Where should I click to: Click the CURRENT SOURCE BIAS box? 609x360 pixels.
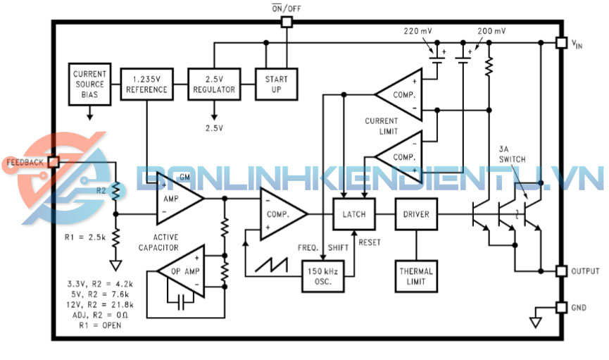tap(89, 84)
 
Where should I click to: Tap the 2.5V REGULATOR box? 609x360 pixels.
tap(215, 84)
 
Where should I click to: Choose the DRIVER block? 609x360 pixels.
tap(416, 214)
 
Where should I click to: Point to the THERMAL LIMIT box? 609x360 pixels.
tap(416, 277)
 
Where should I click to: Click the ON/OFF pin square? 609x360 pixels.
tap(286, 22)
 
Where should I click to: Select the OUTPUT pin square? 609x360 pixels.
tap(560, 271)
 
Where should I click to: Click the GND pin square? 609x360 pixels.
tap(560, 308)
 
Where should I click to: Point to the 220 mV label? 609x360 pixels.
tap(418, 32)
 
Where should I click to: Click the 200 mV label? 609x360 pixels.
tap(491, 32)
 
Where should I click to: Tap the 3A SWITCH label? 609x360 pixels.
tap(512, 155)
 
